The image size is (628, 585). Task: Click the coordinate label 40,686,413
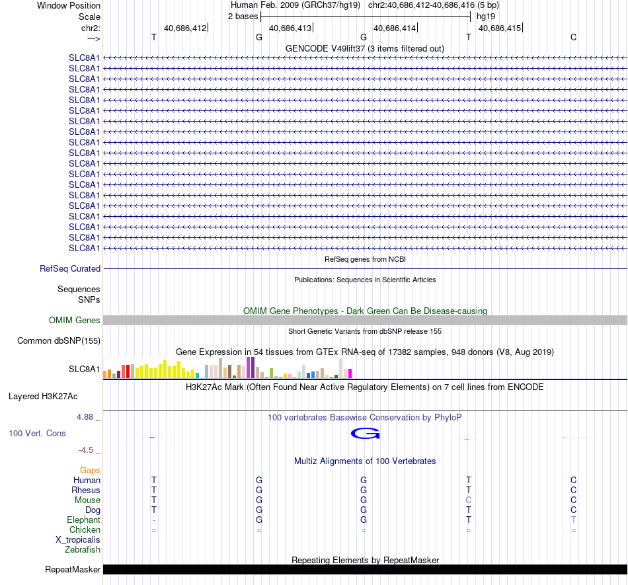pos(290,28)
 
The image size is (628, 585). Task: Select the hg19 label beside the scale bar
pos(486,17)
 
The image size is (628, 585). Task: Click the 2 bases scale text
pos(243,17)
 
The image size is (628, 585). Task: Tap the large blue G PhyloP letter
pos(366,433)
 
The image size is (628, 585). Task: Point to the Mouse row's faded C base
pos(468,500)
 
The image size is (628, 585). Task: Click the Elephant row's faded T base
pos(574,520)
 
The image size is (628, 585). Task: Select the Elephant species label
pos(84,520)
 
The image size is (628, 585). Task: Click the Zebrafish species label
pos(83,549)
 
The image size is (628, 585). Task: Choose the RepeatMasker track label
pos(73,569)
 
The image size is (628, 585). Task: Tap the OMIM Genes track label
pos(75,321)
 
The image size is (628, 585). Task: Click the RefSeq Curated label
pos(70,268)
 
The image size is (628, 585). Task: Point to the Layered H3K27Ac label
pos(43,397)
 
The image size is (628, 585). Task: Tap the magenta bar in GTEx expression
pos(350,373)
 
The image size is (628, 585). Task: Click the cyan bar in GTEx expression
pos(197,375)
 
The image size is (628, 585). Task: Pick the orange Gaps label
pos(90,470)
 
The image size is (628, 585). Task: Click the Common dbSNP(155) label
pos(59,340)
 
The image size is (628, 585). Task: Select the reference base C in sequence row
pos(574,37)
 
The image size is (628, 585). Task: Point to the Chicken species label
pos(85,529)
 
